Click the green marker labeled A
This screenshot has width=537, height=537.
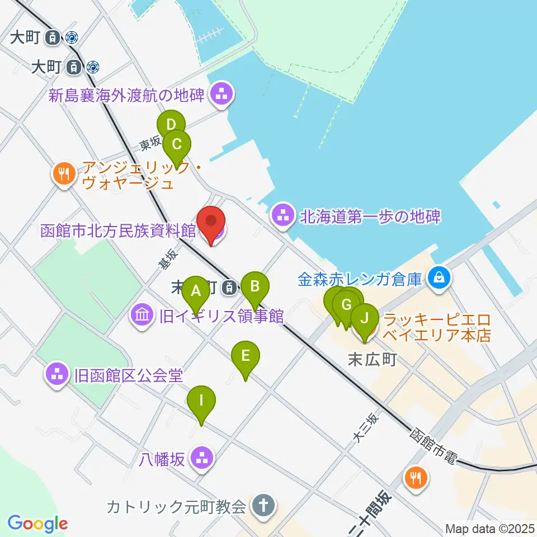196,291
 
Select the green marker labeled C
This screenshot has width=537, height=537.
176,145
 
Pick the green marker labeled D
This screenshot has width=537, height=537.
171,125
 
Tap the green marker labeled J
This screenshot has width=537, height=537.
364,319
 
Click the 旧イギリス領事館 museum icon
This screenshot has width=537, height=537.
142,315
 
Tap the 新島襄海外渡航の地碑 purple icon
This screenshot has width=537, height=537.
222,95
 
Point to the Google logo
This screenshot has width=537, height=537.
37,524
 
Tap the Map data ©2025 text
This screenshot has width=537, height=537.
489,527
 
